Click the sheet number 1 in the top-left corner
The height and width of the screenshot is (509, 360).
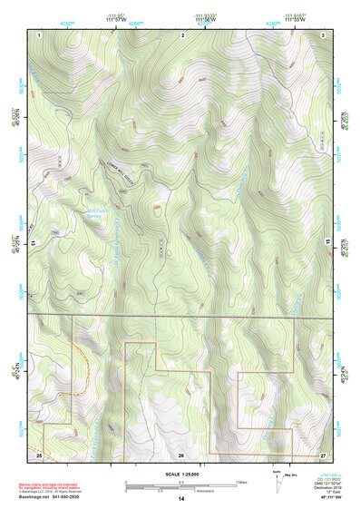41,34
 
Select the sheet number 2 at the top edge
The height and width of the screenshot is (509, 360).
182,34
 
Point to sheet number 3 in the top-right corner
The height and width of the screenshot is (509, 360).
323,34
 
